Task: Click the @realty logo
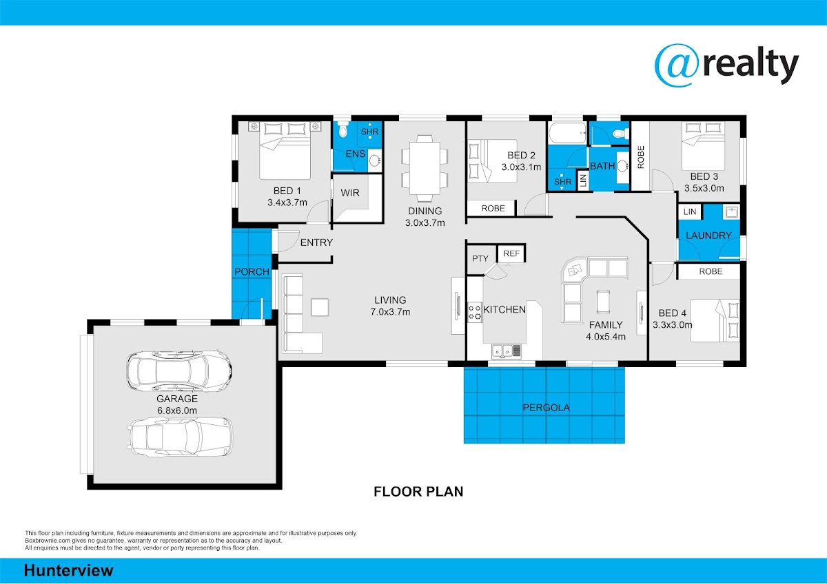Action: coord(726,67)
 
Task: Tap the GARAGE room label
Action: coord(177,399)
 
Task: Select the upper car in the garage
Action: coord(179,371)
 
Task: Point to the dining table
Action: coord(425,169)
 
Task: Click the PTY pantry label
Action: coord(480,259)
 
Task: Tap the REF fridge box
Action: coord(511,253)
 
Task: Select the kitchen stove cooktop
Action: coord(475,312)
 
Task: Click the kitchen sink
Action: coord(506,351)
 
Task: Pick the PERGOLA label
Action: coord(546,407)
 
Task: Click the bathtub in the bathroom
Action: coord(567,133)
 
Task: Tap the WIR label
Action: coord(350,193)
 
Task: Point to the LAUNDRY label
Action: coord(708,236)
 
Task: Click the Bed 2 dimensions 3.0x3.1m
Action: coord(521,167)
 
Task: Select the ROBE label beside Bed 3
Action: coord(641,157)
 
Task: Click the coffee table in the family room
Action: coord(603,302)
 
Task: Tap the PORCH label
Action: coord(252,272)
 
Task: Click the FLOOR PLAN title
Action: coord(418,492)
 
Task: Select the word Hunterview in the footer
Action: coord(69,570)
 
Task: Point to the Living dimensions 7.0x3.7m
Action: coord(390,312)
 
